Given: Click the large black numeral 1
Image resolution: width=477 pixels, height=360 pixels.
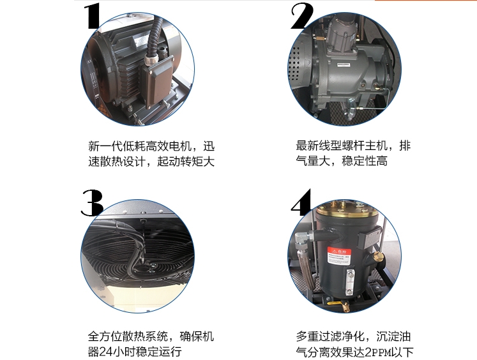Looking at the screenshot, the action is [x=93, y=17].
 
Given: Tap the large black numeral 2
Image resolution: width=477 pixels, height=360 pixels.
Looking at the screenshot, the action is [x=302, y=16].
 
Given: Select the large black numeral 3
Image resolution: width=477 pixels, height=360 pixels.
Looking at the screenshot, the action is [x=92, y=203].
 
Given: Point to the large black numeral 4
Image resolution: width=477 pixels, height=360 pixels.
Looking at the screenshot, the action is [x=301, y=202].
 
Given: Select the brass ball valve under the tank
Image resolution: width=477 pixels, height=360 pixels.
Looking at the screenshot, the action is [x=343, y=304].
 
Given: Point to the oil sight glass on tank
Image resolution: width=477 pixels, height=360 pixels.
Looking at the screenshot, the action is [x=351, y=280].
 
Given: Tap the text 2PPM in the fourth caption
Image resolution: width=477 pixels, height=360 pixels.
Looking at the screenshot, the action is [x=377, y=352].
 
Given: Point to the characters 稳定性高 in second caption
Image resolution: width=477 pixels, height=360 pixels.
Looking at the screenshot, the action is [x=365, y=161].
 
